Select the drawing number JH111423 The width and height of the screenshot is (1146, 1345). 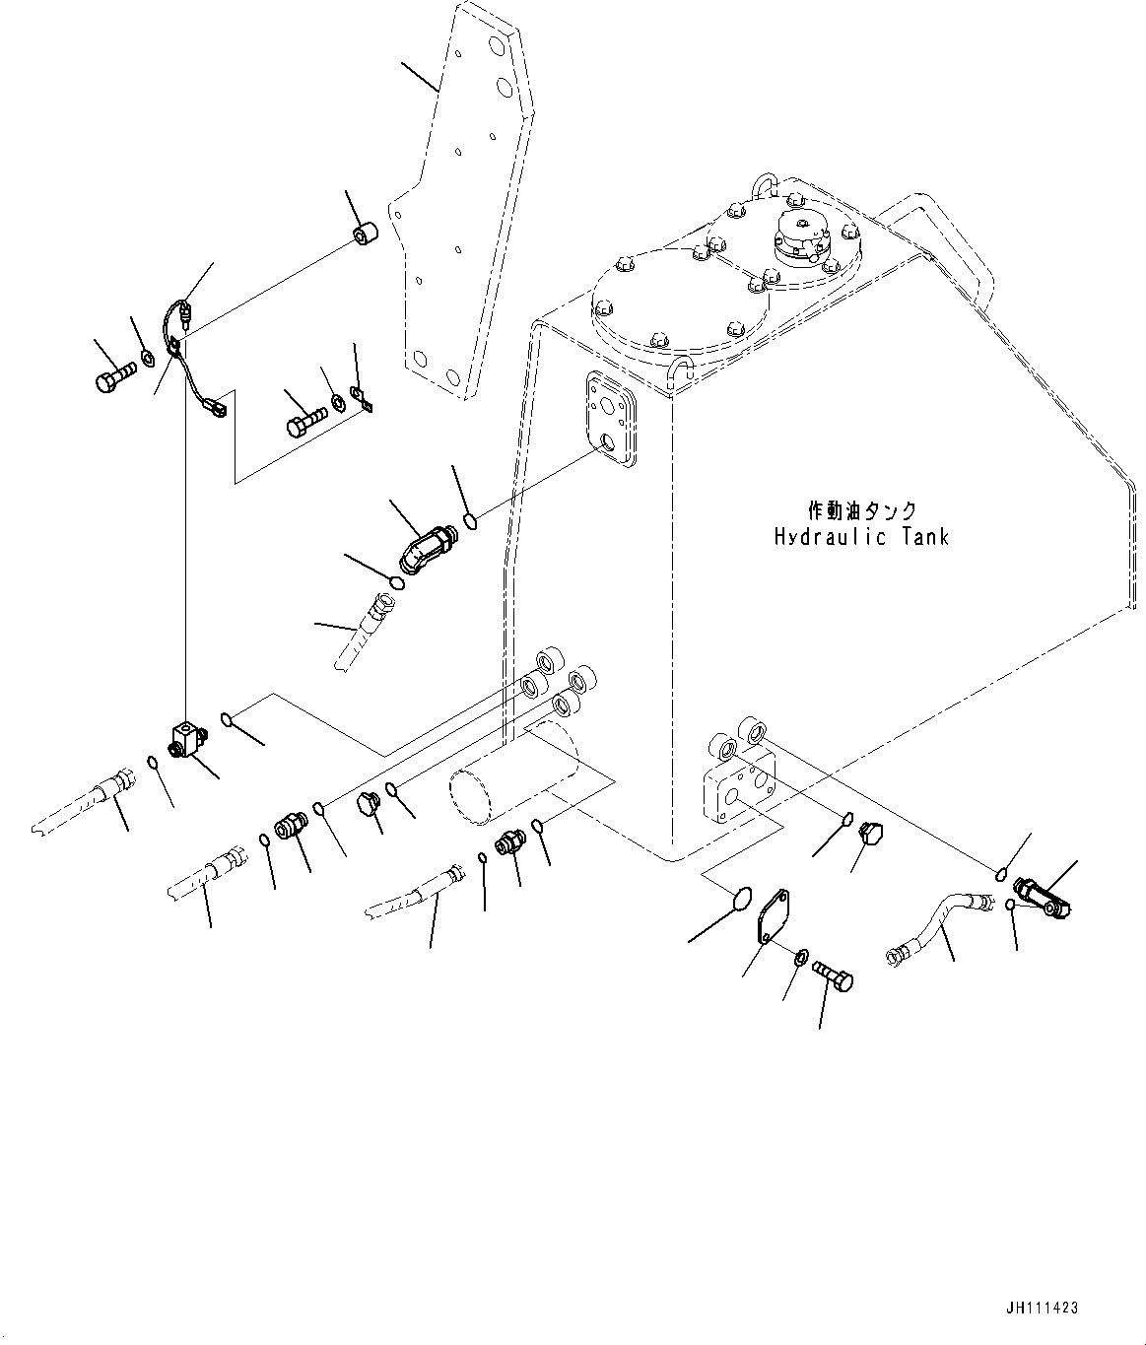pos(1042,1309)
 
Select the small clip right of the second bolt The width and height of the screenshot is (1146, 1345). pos(367,401)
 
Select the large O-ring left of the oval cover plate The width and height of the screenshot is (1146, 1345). pos(741,901)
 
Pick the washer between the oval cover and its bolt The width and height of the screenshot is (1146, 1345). pos(802,955)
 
